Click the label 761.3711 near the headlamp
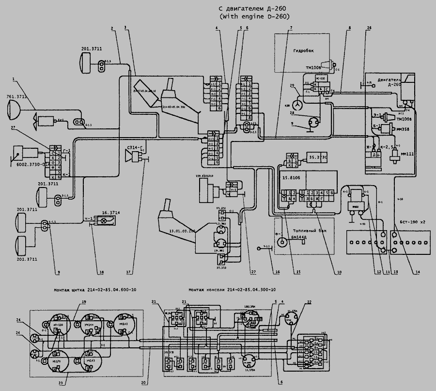click(x=16, y=97)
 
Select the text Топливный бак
click(x=310, y=231)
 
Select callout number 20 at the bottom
click(x=143, y=382)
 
